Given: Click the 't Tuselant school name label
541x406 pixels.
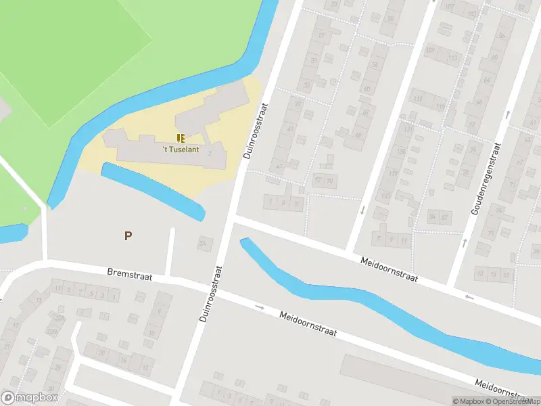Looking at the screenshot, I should tap(180, 150).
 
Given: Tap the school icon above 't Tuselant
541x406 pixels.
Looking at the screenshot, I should tap(181, 138).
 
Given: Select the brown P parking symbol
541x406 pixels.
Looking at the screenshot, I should tap(128, 235).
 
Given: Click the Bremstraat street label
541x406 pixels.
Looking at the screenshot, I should tap(130, 275).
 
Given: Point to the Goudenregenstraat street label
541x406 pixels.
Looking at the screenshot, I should tap(486, 179).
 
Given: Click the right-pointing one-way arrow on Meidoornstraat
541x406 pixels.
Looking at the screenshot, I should tap(260, 307).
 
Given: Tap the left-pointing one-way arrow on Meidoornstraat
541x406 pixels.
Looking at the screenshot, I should tap(469, 297).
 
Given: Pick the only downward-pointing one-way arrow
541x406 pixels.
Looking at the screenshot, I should tap(362, 210).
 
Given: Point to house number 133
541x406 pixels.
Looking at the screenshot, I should tap(385, 197).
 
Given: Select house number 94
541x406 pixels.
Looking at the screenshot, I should tap(433, 217).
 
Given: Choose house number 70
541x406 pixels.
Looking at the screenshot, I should tap(330, 181).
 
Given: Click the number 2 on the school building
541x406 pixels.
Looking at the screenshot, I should tap(210, 154).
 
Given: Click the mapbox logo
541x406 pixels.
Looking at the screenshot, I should tap(30, 398).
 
